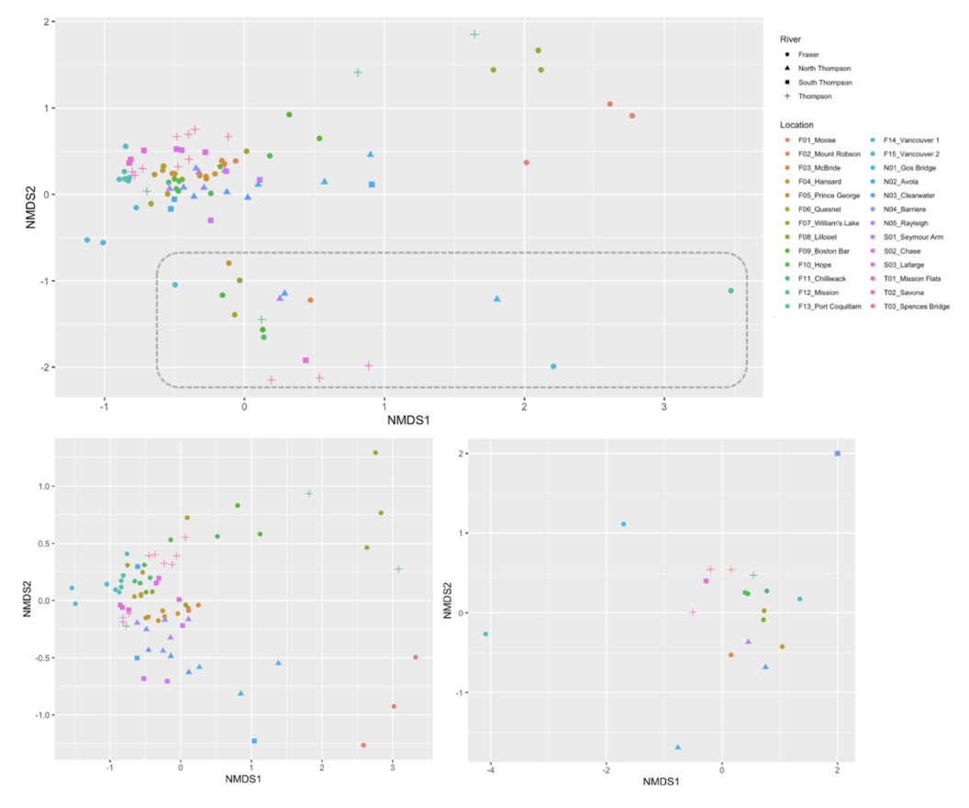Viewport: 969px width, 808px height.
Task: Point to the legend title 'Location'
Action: pos(797,124)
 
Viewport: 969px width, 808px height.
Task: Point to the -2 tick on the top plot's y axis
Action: pos(43,367)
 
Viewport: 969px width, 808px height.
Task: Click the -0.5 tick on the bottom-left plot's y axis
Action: pos(37,657)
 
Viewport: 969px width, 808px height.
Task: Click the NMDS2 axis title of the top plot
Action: pos(29,203)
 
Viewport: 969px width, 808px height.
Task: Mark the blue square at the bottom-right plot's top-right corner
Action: pos(837,454)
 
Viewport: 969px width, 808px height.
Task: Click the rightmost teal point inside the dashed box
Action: pos(730,291)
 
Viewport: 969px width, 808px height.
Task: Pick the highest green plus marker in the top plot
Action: pos(474,35)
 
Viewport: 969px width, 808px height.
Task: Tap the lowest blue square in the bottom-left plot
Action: pos(254,741)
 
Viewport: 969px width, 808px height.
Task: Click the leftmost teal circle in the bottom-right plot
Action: pos(485,634)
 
